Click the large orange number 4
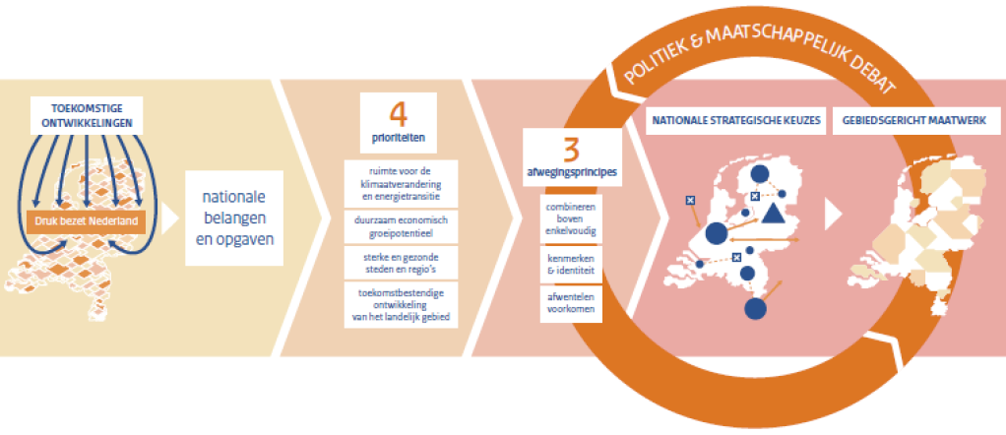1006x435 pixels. point(398,111)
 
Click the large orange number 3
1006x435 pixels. point(571,150)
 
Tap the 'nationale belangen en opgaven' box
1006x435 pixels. point(233,216)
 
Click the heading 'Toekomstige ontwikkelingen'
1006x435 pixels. point(87,117)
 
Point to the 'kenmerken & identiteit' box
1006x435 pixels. point(571,263)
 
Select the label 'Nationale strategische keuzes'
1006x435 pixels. point(732,123)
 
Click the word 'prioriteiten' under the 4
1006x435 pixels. point(398,138)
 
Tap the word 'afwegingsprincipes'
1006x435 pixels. point(571,171)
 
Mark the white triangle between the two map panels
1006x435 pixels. point(833,213)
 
